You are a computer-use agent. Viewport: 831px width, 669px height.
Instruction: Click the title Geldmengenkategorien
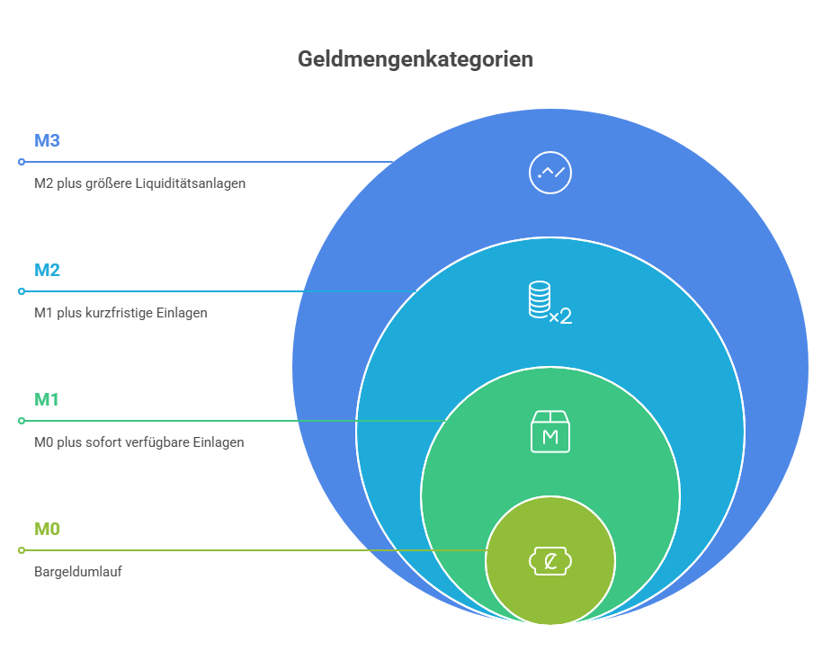[415, 59]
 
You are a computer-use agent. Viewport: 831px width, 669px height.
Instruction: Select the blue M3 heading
[47, 140]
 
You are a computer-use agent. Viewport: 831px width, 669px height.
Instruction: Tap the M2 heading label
[47, 270]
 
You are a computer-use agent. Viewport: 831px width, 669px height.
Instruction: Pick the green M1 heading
[47, 399]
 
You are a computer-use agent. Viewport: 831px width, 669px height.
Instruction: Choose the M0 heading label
[47, 529]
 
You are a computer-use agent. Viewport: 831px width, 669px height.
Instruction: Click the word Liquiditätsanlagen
[191, 183]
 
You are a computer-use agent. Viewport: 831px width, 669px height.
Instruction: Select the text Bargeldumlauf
[78, 572]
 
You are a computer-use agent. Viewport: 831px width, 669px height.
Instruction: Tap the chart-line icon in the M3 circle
[550, 173]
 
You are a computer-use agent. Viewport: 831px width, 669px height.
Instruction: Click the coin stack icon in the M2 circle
[540, 299]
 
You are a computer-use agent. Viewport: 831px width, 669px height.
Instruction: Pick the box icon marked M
[550, 432]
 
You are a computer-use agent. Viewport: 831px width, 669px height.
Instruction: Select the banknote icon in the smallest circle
[550, 561]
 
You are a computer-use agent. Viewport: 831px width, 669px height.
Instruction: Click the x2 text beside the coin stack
[560, 317]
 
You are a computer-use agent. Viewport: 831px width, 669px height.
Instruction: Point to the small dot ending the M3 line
[22, 162]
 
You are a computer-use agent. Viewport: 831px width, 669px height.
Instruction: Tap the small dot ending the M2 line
[22, 291]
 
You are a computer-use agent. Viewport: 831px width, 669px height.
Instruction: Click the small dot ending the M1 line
[22, 421]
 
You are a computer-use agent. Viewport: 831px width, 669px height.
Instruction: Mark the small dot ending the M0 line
[22, 550]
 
